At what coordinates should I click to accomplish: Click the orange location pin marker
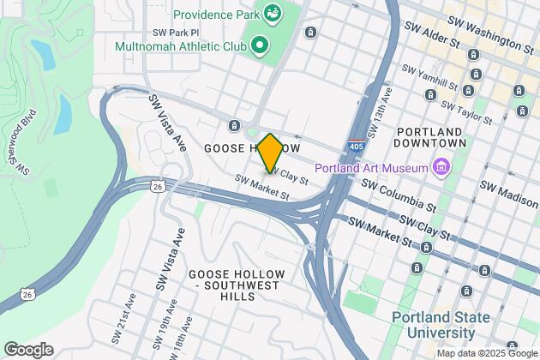click(x=269, y=153)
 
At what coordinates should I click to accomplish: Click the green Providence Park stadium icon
click(x=273, y=13)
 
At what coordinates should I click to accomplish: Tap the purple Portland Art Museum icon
click(x=441, y=165)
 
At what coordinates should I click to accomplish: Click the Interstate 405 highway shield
click(x=355, y=146)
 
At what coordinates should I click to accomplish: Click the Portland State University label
click(x=441, y=325)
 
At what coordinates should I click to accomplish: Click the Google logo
click(x=27, y=349)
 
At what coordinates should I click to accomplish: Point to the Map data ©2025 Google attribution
click(x=486, y=353)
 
